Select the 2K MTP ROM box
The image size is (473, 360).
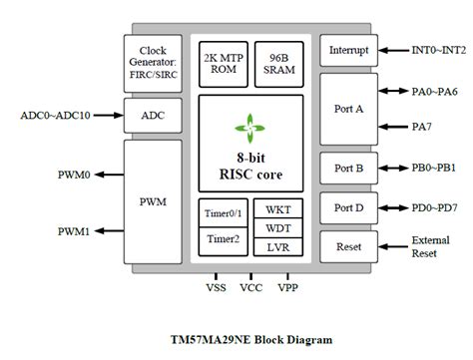tap(223, 61)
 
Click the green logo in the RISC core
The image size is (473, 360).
tap(250, 126)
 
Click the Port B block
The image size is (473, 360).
tap(344, 168)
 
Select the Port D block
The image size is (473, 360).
tap(344, 209)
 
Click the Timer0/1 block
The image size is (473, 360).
tap(222, 213)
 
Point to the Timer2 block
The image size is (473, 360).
tap(222, 238)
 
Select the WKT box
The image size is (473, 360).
tap(278, 210)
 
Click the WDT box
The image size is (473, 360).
tap(278, 227)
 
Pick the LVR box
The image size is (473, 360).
tap(278, 245)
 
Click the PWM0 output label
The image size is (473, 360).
tap(74, 176)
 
